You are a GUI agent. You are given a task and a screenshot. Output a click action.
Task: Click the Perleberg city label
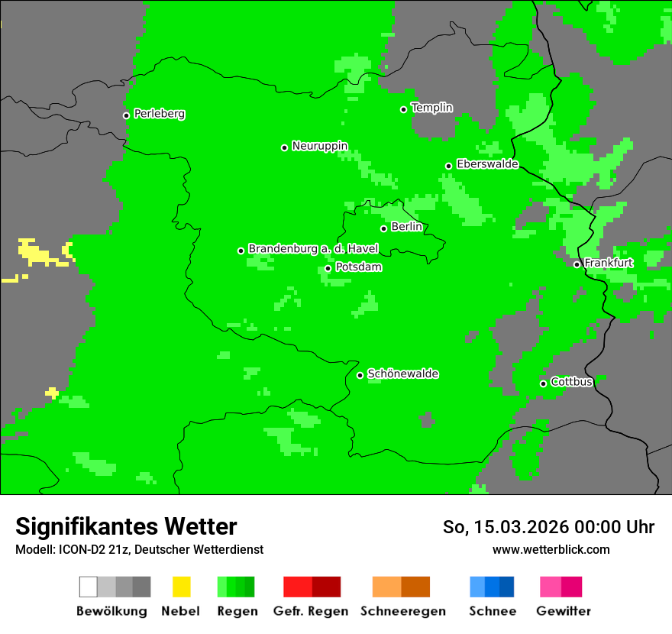[159, 114]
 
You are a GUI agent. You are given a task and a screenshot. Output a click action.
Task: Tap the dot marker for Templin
[403, 109]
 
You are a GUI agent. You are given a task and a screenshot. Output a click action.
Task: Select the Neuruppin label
[319, 146]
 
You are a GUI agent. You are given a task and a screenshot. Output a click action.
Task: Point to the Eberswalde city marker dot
[448, 166]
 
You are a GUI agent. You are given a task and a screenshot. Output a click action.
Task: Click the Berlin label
[406, 227]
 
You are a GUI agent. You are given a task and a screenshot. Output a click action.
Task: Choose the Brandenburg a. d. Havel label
[313, 249]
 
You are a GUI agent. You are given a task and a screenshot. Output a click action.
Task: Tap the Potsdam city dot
[328, 268]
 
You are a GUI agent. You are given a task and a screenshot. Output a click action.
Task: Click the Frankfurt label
[609, 263]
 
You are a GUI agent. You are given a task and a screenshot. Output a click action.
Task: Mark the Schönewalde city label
[402, 374]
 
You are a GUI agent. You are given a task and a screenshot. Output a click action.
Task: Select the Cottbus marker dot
[543, 383]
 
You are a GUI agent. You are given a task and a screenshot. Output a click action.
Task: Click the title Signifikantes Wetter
[126, 526]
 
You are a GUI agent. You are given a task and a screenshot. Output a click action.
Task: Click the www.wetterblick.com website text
[551, 549]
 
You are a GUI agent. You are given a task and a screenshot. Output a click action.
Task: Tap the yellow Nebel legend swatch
[181, 587]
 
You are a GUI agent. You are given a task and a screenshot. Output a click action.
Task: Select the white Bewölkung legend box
[89, 587]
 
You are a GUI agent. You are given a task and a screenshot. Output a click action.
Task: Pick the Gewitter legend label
[563, 611]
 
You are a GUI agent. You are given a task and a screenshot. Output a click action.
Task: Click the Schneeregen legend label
[402, 611]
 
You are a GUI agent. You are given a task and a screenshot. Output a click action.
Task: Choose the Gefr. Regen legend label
[310, 611]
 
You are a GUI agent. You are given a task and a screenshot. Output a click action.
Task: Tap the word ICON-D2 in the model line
[73, 550]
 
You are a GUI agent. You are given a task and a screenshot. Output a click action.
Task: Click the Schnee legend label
[493, 611]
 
